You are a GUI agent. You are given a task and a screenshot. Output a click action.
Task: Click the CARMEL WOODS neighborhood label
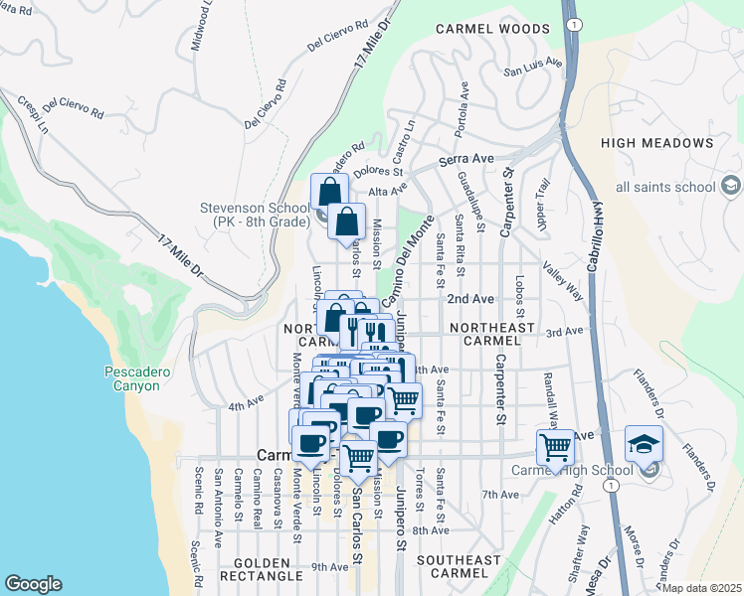pyautogui.click(x=492, y=30)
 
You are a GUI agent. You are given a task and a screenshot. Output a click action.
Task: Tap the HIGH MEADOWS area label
pyautogui.click(x=656, y=143)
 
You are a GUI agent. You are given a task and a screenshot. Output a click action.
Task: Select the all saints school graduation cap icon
pyautogui.click(x=730, y=187)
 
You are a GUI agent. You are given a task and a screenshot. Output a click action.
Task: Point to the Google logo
pyautogui.click(x=33, y=584)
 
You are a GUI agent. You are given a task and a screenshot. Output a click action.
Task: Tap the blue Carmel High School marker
pyautogui.click(x=643, y=444)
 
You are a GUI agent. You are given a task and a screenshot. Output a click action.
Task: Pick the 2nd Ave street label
pyautogui.click(x=469, y=298)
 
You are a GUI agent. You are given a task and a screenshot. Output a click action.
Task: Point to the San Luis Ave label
pyautogui.click(x=532, y=70)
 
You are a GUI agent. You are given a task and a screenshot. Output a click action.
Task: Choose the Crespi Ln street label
pyautogui.click(x=32, y=115)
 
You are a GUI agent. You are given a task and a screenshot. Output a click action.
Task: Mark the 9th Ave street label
pyautogui.click(x=329, y=567)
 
